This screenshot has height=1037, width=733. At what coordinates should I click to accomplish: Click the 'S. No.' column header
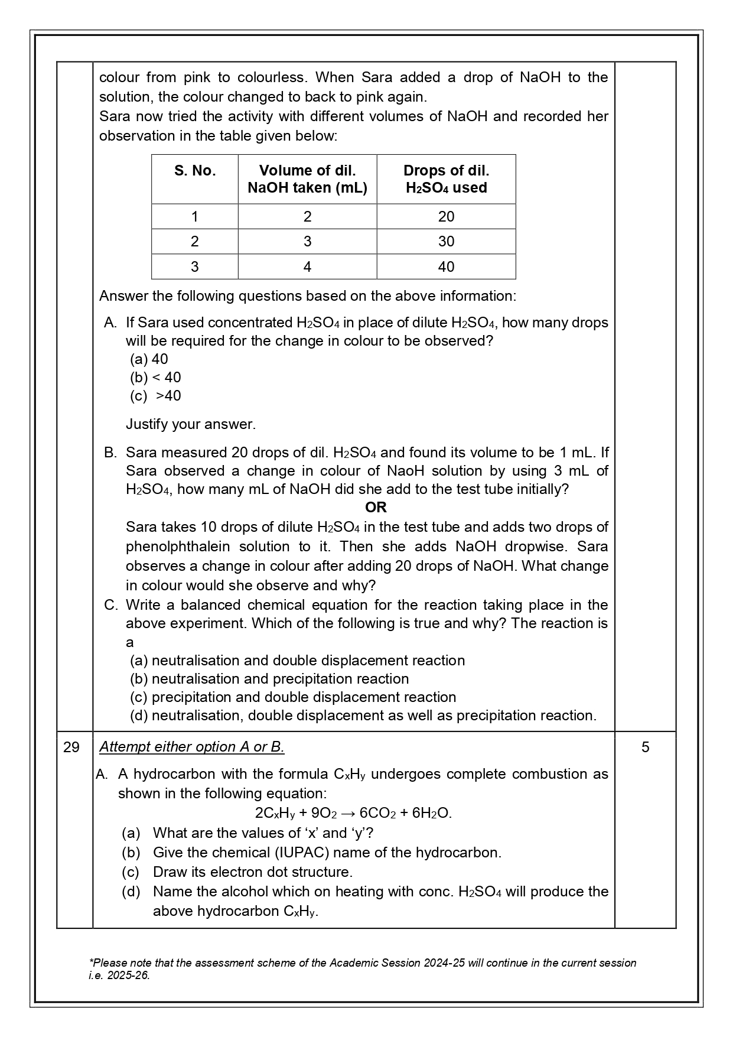(x=194, y=171)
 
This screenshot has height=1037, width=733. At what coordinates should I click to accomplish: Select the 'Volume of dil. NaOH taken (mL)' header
(x=307, y=179)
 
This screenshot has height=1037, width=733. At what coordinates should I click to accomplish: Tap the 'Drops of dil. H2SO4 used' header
(x=446, y=179)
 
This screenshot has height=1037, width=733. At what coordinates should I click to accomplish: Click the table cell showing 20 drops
(x=446, y=217)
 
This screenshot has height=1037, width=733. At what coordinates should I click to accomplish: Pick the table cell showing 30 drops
(x=446, y=242)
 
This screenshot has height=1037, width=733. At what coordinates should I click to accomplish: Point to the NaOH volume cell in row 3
(x=307, y=267)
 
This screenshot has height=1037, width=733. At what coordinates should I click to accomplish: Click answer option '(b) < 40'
(x=155, y=378)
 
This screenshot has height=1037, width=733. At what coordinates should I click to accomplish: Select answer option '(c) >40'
(x=155, y=396)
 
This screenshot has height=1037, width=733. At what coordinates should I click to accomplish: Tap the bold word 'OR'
(x=376, y=508)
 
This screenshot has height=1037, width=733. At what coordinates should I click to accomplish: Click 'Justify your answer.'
(x=190, y=424)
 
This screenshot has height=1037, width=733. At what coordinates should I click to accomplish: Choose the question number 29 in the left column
(x=71, y=747)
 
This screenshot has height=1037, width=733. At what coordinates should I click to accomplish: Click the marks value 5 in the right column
(x=645, y=747)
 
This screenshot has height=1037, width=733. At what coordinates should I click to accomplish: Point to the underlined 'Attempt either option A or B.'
(x=191, y=747)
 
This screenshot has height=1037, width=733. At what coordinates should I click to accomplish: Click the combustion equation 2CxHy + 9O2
(x=353, y=813)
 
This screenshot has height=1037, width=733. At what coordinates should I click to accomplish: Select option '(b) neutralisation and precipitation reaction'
(x=269, y=679)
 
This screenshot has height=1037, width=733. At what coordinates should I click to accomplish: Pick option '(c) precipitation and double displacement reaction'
(x=293, y=697)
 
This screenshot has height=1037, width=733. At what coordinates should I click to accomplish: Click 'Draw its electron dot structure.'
(x=252, y=872)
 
